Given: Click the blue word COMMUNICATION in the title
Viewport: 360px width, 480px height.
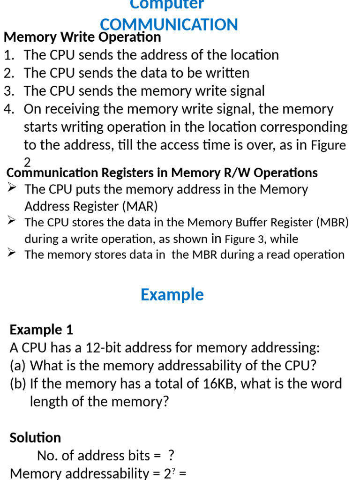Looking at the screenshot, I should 169,24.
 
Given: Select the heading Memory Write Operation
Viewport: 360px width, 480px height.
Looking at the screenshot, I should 82,37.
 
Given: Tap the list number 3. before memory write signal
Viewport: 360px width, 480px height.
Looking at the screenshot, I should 9,91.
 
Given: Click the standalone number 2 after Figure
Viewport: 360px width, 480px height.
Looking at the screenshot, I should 27,162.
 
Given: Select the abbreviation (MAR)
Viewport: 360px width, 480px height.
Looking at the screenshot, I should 139,207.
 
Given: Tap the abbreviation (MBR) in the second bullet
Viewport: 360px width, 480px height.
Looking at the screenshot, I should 333,222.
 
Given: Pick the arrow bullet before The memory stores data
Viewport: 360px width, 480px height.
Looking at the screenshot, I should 13,254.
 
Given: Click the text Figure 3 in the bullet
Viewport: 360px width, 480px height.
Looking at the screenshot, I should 244,239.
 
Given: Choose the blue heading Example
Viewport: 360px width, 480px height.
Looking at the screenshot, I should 172,295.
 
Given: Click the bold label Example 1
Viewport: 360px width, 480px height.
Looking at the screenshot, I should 41,330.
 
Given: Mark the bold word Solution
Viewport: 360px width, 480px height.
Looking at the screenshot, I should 35,437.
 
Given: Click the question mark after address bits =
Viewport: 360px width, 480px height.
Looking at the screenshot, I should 171,456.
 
